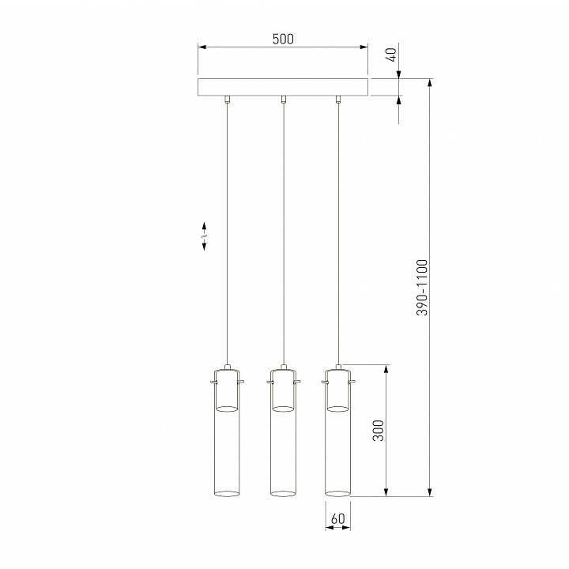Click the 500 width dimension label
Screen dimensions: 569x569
(x=283, y=39)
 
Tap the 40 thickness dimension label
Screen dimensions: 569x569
(x=392, y=55)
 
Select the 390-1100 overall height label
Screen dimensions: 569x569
(x=422, y=288)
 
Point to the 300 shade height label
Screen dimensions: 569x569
(x=379, y=431)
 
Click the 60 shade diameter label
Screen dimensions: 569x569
(x=338, y=518)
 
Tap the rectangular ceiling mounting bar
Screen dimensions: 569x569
(x=283, y=87)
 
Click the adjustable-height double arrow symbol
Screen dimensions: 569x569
(x=204, y=236)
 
